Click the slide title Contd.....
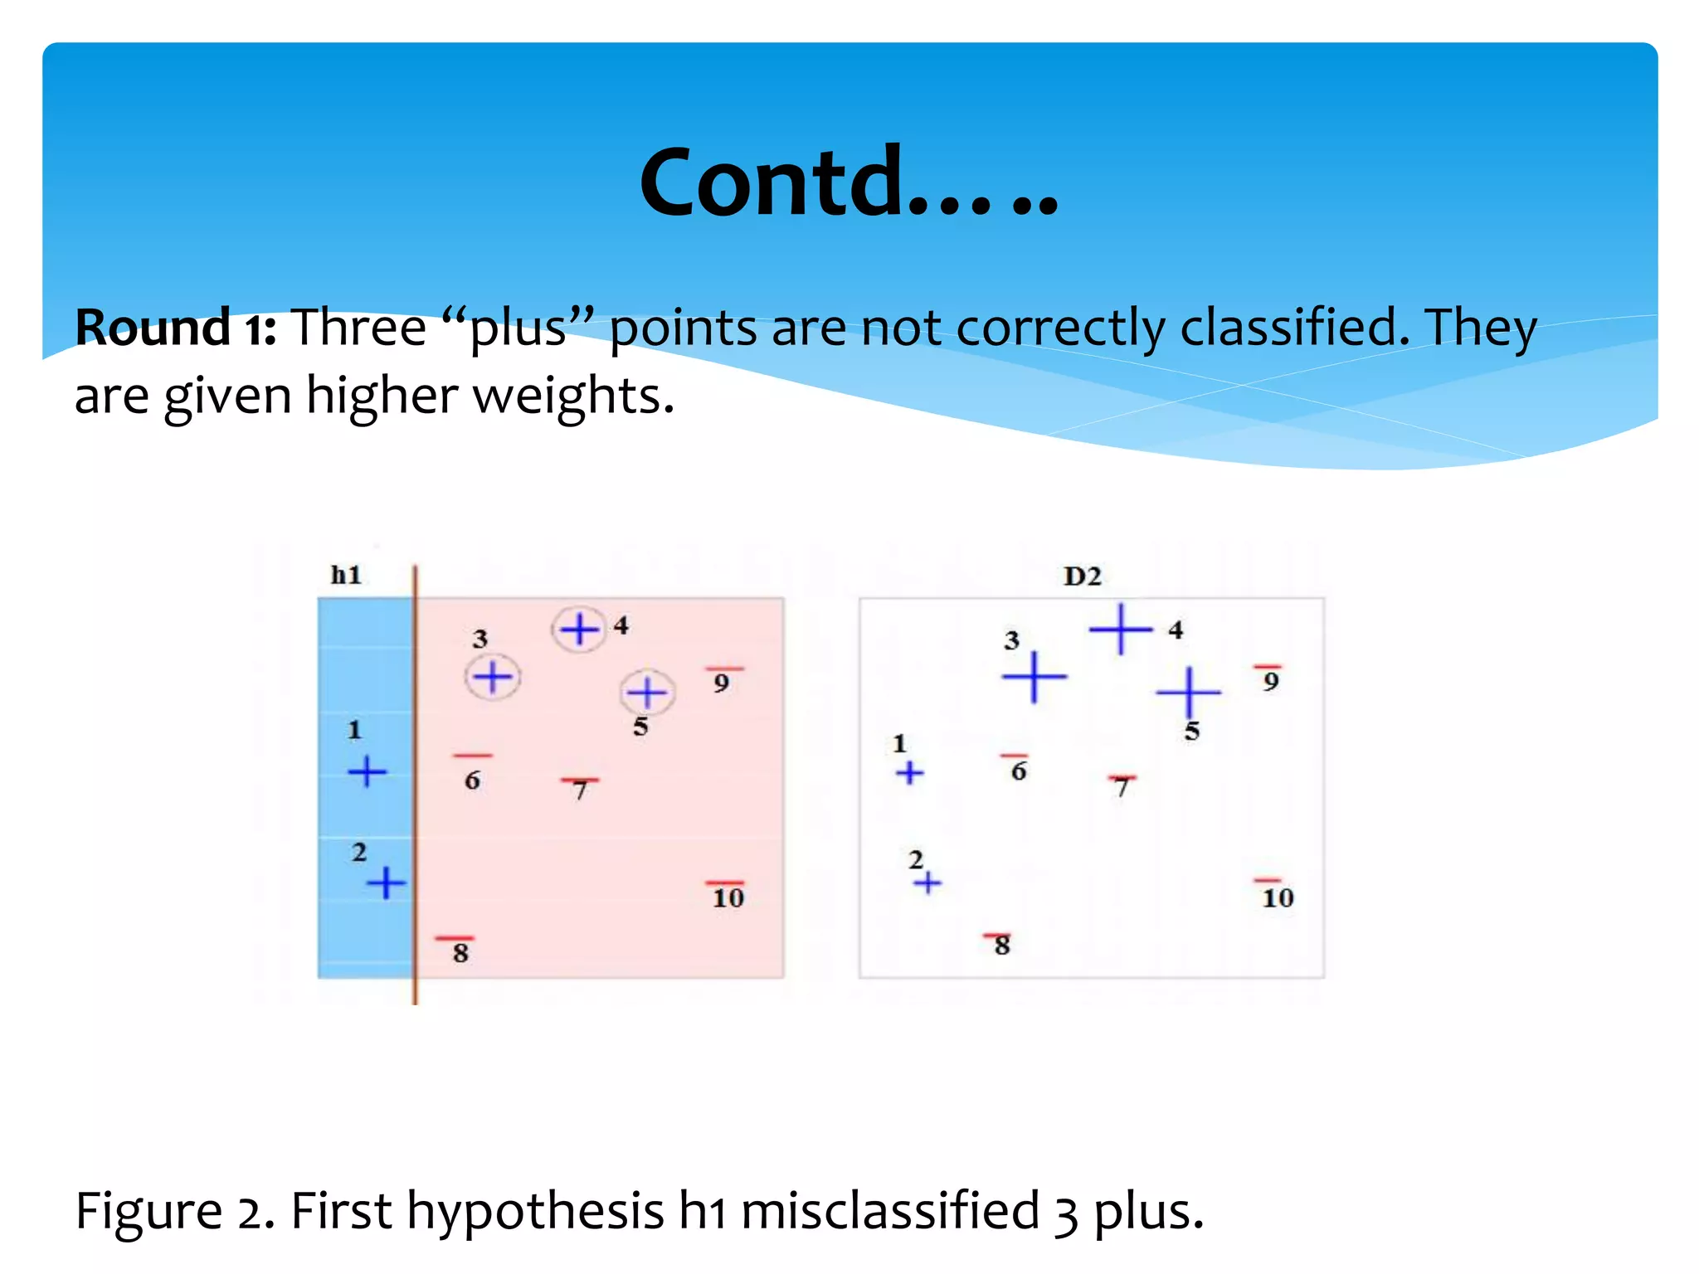pyautogui.click(x=848, y=182)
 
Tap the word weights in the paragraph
pyautogui.click(x=572, y=396)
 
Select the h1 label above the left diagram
pyautogui.click(x=346, y=575)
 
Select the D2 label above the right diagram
pyautogui.click(x=1082, y=576)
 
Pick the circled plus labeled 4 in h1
pyautogui.click(x=579, y=630)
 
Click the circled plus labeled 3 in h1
pyautogui.click(x=493, y=678)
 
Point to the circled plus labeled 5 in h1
pyautogui.click(x=647, y=692)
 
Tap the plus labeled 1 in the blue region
pyautogui.click(x=367, y=771)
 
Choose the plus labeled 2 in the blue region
pyautogui.click(x=386, y=883)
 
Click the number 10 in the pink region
pyautogui.click(x=728, y=898)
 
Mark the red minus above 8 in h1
pyautogui.click(x=455, y=938)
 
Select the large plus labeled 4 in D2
pyautogui.click(x=1120, y=630)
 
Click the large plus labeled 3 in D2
pyautogui.click(x=1034, y=677)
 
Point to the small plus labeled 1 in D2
pyautogui.click(x=909, y=773)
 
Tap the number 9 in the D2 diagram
pyautogui.click(x=1270, y=683)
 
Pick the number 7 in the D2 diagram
pyautogui.click(x=1122, y=786)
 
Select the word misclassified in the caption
pyautogui.click(x=889, y=1210)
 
